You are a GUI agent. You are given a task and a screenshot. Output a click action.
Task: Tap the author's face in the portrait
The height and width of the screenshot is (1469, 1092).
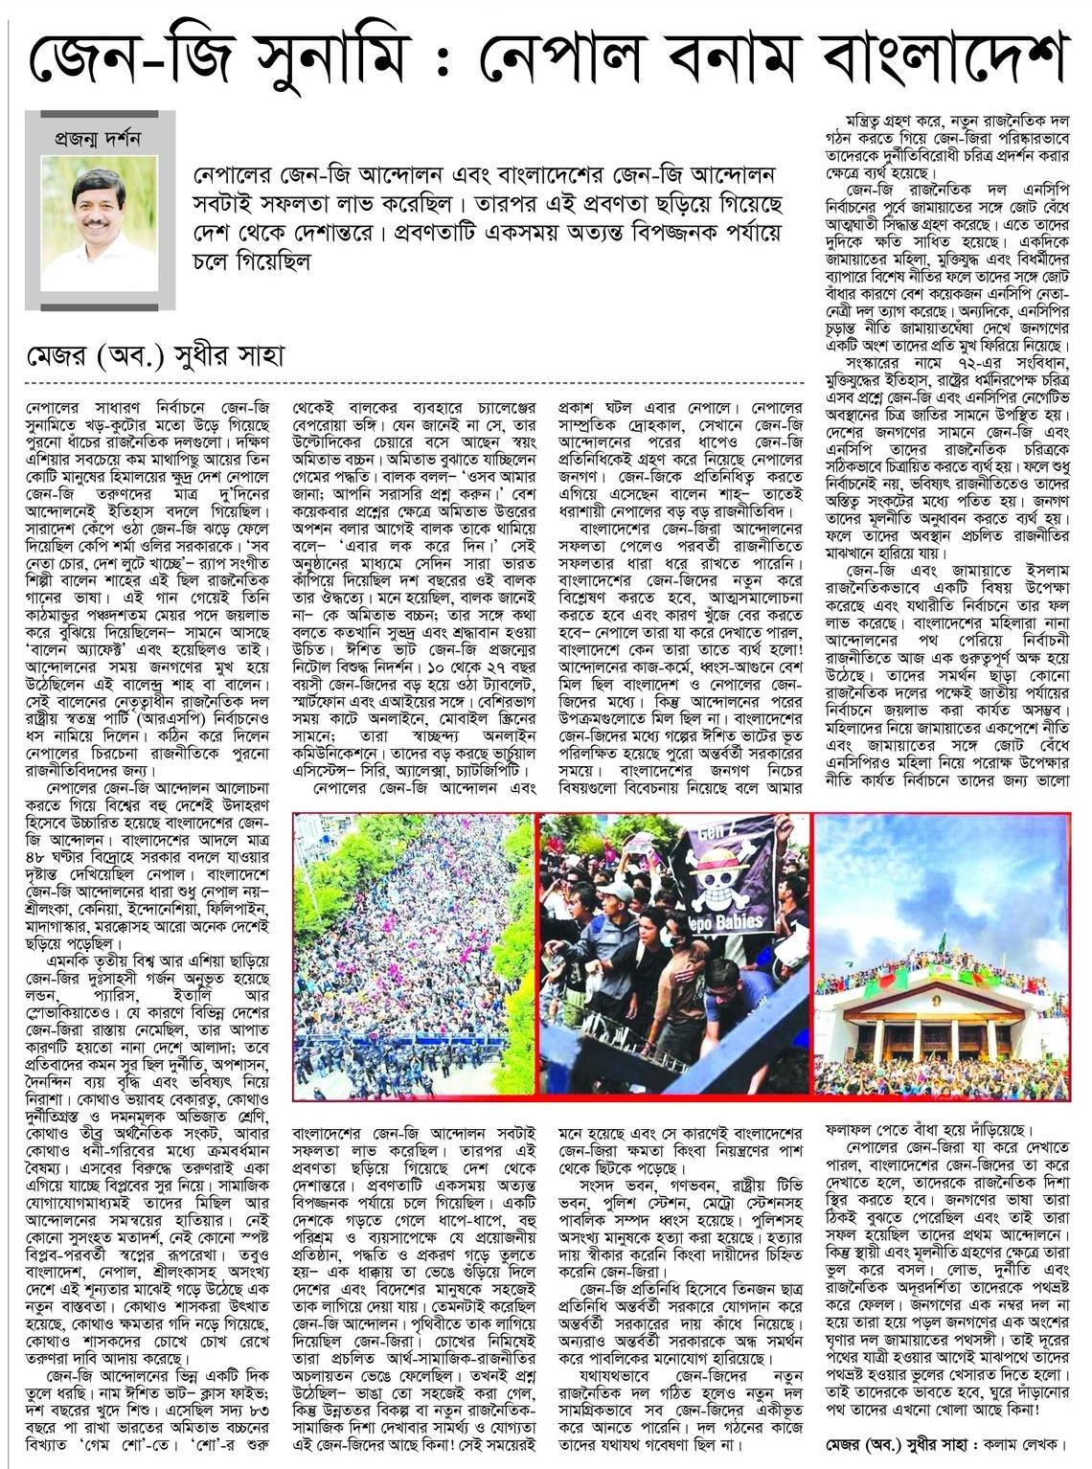pos(93,213)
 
